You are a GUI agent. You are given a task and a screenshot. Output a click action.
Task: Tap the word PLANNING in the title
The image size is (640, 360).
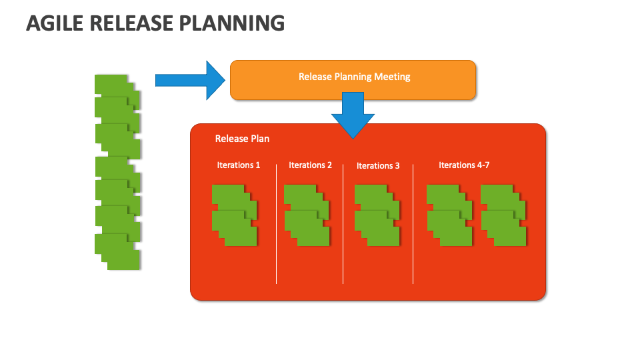pos(232,23)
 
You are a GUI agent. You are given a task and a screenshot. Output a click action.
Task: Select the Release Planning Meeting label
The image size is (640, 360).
pos(354,77)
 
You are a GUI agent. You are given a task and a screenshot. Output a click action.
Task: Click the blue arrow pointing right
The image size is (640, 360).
pos(190,81)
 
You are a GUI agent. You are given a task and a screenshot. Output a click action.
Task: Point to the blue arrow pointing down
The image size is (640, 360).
pos(353,115)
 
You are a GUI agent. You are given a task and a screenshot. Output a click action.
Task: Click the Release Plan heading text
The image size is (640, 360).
pos(242,139)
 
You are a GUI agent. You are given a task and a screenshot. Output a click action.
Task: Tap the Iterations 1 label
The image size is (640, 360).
pos(239,165)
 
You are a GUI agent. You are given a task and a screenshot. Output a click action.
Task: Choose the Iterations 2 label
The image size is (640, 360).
pos(310,165)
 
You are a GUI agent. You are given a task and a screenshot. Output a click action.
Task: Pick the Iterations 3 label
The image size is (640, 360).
pos(378,166)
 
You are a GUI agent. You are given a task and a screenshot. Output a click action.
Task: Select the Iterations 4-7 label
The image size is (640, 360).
pos(464,165)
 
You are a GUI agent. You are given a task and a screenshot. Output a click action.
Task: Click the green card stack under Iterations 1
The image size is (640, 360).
pos(235,215)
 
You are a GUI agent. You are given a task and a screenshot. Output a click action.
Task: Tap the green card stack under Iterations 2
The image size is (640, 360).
pos(307,215)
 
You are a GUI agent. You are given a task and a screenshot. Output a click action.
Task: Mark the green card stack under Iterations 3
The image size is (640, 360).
pos(377,215)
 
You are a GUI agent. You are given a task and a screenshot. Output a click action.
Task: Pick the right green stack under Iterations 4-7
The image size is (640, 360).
pos(504,215)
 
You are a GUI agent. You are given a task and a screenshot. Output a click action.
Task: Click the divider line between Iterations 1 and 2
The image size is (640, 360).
pos(276,224)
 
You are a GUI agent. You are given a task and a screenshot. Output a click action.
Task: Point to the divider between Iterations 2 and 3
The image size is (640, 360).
pos(343,224)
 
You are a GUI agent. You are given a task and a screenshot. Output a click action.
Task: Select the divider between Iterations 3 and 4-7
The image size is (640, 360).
pos(413,224)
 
